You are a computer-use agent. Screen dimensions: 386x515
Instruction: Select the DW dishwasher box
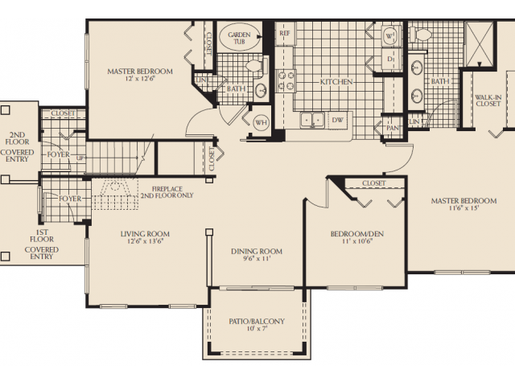coord(338,121)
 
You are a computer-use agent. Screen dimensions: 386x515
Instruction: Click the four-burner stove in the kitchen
coord(286,80)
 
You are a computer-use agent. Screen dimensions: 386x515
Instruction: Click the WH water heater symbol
coord(261,123)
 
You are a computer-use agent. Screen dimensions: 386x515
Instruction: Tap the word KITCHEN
coord(337,82)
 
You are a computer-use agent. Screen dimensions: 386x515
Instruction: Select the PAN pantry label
coord(393,128)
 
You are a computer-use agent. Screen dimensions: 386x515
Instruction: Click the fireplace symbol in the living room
coord(117,193)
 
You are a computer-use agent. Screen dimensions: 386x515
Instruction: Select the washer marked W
coord(389,37)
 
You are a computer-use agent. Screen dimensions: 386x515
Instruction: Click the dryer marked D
coord(389,59)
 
